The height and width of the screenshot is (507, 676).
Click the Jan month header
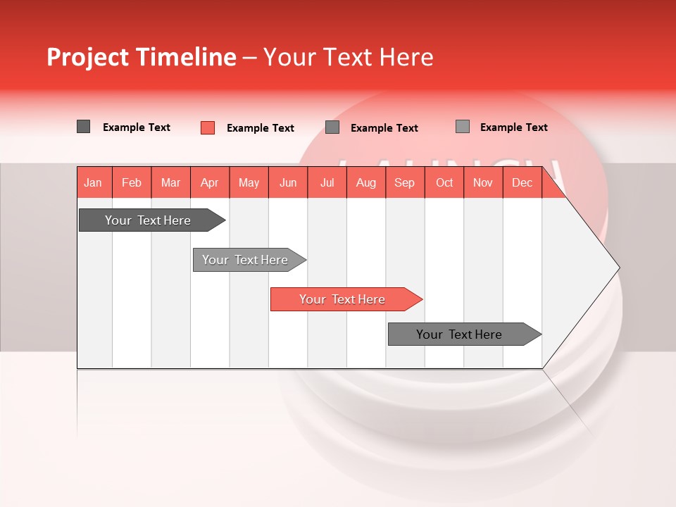click(93, 182)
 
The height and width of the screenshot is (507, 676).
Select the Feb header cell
click(132, 182)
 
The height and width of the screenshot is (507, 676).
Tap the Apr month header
click(210, 182)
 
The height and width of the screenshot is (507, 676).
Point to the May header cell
click(249, 182)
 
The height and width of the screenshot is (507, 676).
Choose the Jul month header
click(327, 182)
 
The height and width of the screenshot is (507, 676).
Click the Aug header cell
click(366, 182)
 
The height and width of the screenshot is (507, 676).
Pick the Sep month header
click(405, 182)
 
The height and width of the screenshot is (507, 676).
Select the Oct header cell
click(444, 182)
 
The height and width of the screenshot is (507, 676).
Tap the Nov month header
click(483, 182)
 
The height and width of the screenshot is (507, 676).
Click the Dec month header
click(522, 182)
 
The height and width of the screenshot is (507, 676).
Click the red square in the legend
click(208, 127)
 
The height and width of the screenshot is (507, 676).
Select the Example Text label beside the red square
click(261, 128)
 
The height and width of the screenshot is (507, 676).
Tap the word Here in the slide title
click(406, 57)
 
